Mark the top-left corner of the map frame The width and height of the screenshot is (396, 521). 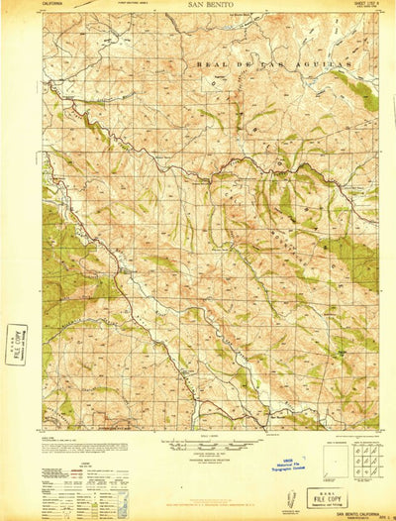pos(43,14)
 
